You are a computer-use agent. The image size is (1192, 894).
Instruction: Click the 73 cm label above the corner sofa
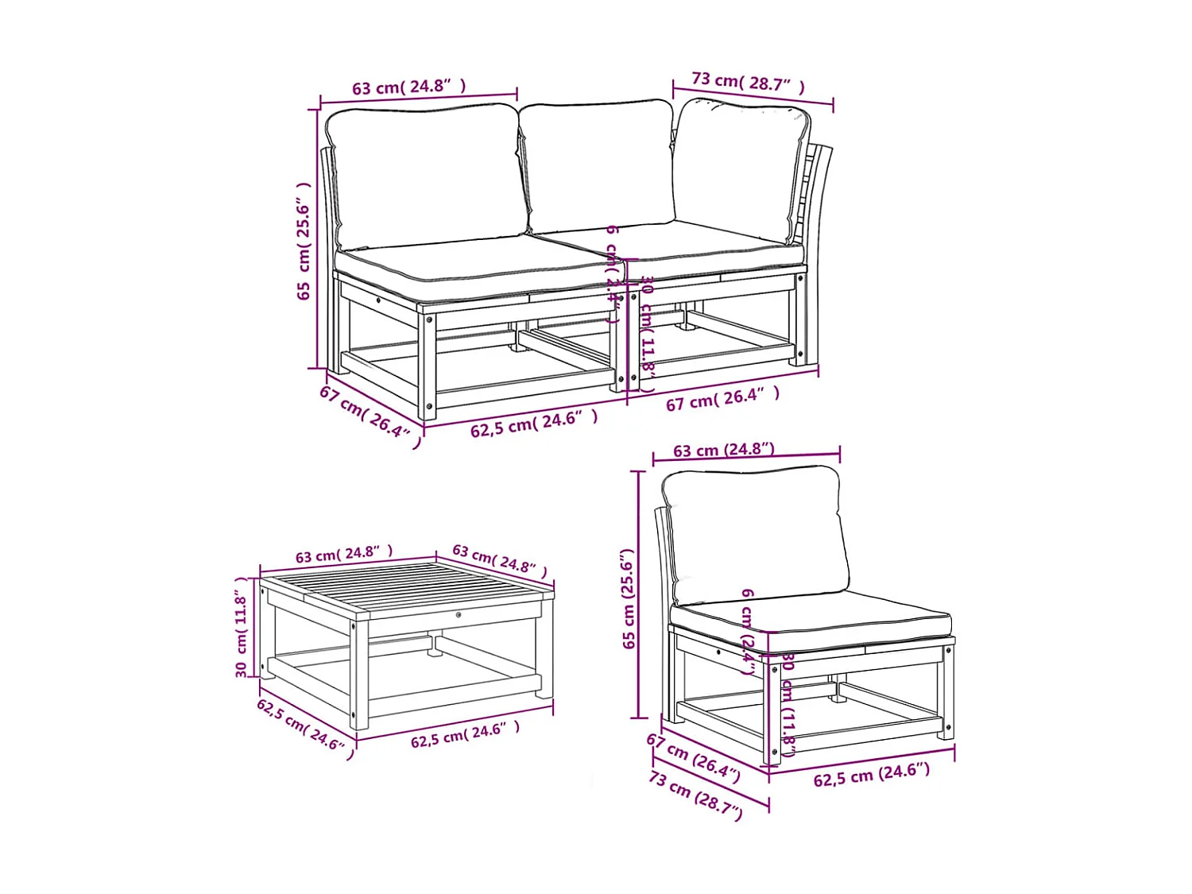pyautogui.click(x=748, y=82)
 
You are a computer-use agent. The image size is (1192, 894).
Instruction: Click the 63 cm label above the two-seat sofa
pyautogui.click(x=408, y=86)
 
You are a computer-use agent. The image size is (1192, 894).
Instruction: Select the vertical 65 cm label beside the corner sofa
pyautogui.click(x=304, y=240)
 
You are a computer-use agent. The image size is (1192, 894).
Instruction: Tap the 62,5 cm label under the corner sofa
pyautogui.click(x=533, y=424)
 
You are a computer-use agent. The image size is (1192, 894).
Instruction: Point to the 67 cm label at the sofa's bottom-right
pyautogui.click(x=722, y=398)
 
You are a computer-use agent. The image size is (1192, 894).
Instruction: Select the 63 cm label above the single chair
pyautogui.click(x=723, y=450)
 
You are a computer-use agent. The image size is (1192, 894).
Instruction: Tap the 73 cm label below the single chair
pyautogui.click(x=696, y=795)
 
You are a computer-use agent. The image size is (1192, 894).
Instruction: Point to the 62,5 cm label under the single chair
pyautogui.click(x=871, y=775)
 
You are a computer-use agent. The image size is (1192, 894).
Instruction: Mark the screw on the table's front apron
pyautogui.click(x=459, y=614)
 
